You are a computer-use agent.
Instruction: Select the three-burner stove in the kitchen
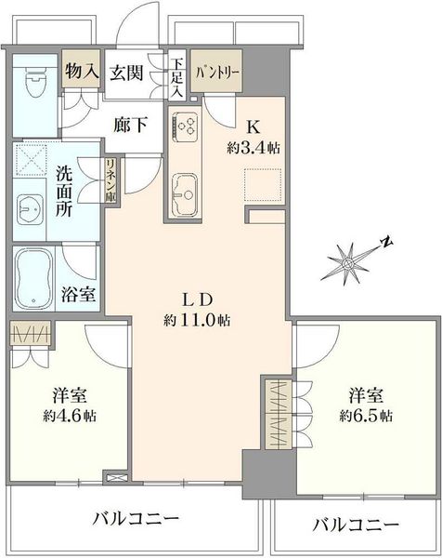[185, 126]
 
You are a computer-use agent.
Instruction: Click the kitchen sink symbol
[184, 194]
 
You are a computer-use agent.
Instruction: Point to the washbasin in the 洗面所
[30, 209]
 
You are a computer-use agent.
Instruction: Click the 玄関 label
[126, 73]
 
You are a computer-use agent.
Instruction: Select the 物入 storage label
[82, 71]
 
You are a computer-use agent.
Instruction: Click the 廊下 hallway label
[130, 125]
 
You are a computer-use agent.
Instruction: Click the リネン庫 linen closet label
[111, 180]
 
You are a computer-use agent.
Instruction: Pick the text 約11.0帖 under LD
[197, 321]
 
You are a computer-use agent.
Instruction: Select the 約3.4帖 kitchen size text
[253, 148]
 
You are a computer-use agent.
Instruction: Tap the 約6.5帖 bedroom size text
[366, 416]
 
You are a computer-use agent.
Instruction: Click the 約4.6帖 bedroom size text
[70, 416]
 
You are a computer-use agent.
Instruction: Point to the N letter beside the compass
[386, 243]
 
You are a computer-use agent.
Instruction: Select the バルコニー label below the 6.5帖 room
[356, 525]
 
